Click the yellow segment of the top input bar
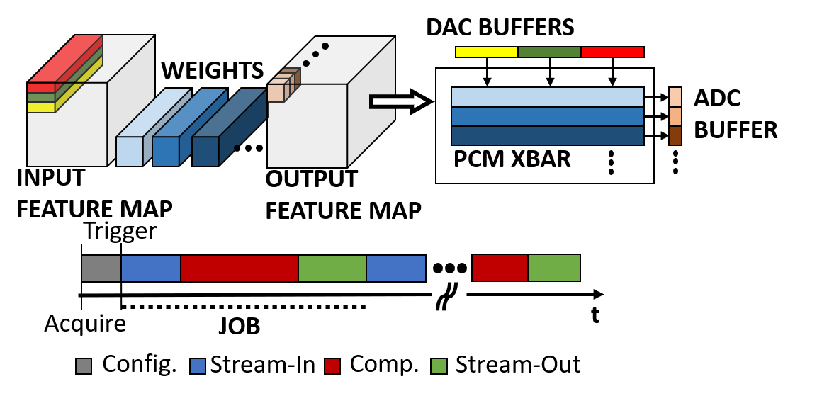[x=486, y=52]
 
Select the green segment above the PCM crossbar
[x=549, y=52]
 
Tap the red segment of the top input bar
[x=612, y=52]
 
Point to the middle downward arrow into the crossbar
[x=550, y=77]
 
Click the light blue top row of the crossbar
[x=547, y=96]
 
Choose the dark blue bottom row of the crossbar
[x=547, y=136]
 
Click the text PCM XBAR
[x=512, y=160]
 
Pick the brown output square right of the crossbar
[x=675, y=136]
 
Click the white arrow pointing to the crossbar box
[x=398, y=102]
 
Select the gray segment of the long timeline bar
[x=101, y=268]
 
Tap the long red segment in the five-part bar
[x=239, y=268]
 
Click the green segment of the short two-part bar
[x=553, y=268]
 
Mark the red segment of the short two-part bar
[x=500, y=268]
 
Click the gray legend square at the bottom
[x=84, y=366]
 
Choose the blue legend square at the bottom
[x=198, y=366]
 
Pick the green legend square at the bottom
[x=439, y=366]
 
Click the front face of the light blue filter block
[x=130, y=152]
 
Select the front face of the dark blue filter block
[x=205, y=152]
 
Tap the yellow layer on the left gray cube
[x=41, y=108]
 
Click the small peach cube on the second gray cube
[x=276, y=94]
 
